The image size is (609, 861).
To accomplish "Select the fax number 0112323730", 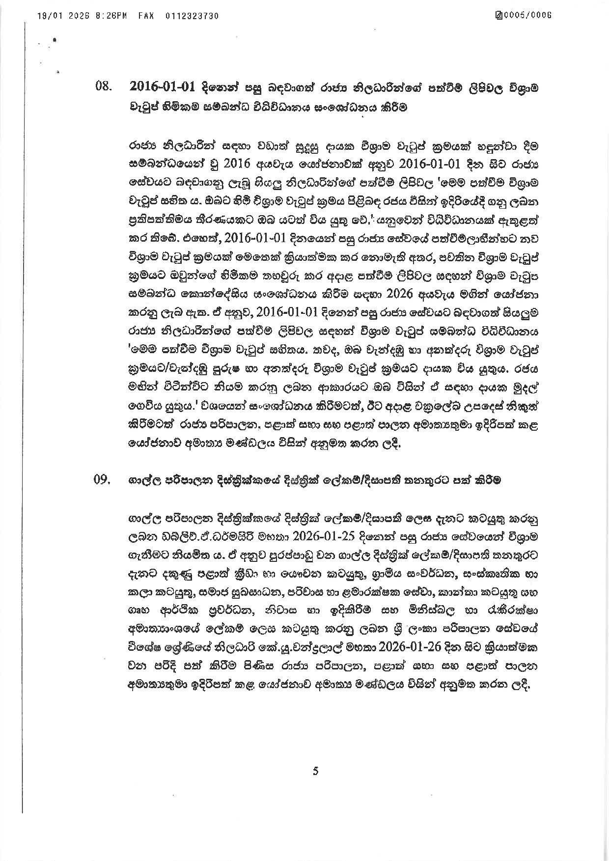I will pyautogui.click(x=192, y=16).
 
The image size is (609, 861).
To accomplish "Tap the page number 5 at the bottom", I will pyautogui.click(x=315, y=771).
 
